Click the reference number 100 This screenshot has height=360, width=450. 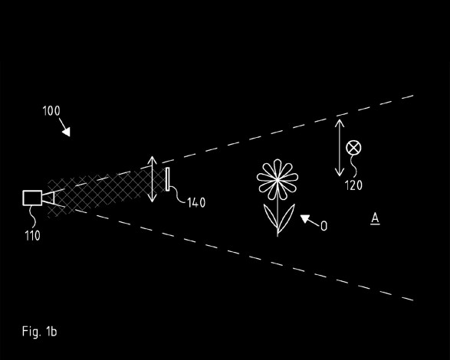(51, 111)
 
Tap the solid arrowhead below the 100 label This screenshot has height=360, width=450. (67, 132)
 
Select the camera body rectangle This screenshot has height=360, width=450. (32, 198)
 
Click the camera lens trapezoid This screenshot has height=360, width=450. (48, 198)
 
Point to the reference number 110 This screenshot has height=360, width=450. (32, 236)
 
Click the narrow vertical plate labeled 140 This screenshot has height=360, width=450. (167, 179)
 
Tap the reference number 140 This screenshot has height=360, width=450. (196, 202)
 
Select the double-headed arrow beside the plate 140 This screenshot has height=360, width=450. (152, 179)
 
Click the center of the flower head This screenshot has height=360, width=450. (278, 179)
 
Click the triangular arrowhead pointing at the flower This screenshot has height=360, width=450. (304, 219)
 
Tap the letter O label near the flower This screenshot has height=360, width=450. (324, 226)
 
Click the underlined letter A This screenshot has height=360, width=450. (375, 218)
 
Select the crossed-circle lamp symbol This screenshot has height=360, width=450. (353, 148)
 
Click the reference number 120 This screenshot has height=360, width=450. (353, 185)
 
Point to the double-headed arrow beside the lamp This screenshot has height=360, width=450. (340, 148)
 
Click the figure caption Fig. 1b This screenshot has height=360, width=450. (40, 332)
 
